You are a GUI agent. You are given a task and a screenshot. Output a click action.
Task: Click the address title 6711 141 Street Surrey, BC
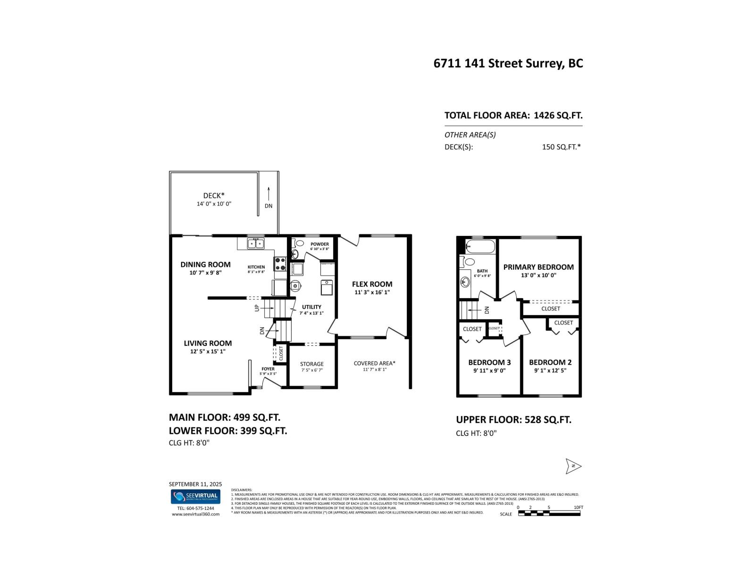click(508, 63)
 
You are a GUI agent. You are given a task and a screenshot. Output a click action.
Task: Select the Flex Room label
click(372, 284)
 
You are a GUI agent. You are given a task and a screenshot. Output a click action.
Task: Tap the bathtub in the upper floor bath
click(480, 247)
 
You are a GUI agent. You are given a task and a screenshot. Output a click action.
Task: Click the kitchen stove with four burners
click(280, 264)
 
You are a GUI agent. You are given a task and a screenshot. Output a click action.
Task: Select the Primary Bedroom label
click(538, 267)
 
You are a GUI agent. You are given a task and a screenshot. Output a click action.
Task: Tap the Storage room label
click(312, 364)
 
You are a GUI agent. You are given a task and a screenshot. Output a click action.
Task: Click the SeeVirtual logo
click(195, 496)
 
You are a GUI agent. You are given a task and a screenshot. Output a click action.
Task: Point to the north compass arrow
click(573, 466)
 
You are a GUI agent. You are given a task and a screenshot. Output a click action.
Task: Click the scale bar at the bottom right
click(549, 513)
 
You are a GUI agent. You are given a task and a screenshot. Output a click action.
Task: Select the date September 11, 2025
click(195, 484)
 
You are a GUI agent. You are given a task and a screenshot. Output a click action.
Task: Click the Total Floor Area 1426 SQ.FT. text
click(513, 115)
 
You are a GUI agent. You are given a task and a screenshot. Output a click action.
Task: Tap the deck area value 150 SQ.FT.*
click(561, 147)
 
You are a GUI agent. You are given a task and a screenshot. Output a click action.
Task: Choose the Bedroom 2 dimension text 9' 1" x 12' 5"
click(550, 370)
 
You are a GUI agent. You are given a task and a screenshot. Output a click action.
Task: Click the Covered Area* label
click(375, 363)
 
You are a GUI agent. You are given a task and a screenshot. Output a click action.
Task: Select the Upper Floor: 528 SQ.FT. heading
click(513, 419)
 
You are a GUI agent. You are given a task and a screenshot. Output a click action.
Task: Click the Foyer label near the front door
click(268, 369)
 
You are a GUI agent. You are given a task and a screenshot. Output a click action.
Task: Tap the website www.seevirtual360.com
click(195, 514)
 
